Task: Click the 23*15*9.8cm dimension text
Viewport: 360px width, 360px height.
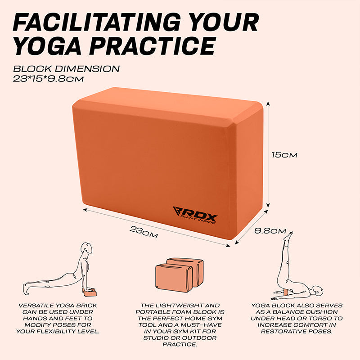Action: pos(48,79)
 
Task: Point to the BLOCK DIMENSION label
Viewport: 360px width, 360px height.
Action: pos(66,69)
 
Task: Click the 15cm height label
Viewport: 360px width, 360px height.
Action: pos(284,155)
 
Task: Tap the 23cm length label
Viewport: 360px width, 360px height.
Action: pos(144,232)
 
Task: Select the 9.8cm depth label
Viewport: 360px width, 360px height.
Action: pos(270,231)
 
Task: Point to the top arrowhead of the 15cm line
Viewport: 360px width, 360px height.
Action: pos(268,103)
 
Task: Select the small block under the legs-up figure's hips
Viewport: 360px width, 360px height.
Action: pos(286,292)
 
